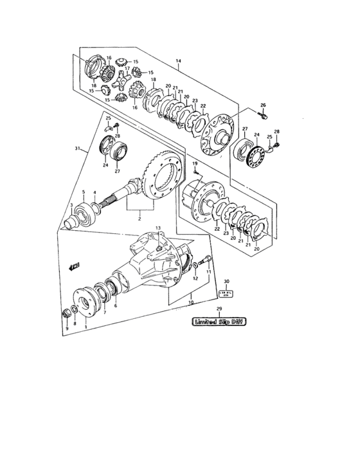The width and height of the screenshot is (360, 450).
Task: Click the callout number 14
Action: tap(178, 62)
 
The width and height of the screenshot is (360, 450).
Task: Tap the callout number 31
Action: tap(78, 149)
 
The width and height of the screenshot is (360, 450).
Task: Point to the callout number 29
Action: tap(220, 309)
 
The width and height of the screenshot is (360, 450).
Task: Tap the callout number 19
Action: tap(193, 165)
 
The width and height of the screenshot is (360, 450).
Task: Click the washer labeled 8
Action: tap(76, 311)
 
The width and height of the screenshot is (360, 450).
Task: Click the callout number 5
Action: tap(83, 192)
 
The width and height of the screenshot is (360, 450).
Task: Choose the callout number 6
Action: tap(116, 306)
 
